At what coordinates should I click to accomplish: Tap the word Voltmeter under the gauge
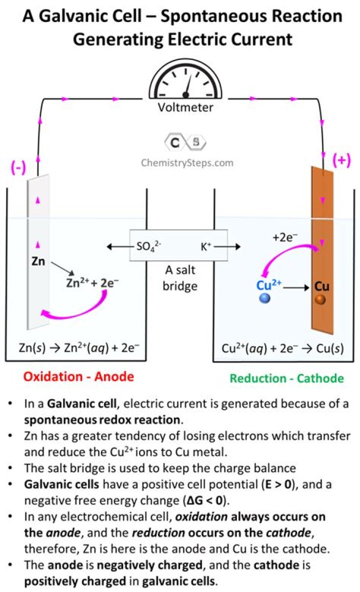point(185,107)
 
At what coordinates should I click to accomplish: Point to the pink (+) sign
point(342,160)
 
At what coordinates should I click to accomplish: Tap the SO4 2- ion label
point(148,246)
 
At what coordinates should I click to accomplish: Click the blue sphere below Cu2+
point(265,299)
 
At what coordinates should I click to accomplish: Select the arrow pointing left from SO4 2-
point(119,246)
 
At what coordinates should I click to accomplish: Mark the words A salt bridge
point(181,278)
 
